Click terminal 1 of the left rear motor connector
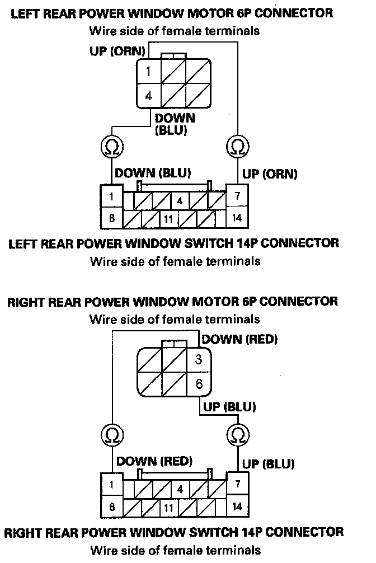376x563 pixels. tap(149, 72)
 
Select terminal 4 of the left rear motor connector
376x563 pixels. tap(149, 96)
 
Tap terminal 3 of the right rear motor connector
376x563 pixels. tap(198, 360)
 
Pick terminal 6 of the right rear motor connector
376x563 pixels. tap(198, 384)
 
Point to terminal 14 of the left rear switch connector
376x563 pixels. tap(237, 217)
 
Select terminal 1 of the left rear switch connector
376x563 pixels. tap(112, 196)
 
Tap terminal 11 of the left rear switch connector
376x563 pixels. tap(168, 219)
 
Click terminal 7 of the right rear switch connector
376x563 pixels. tap(237, 483)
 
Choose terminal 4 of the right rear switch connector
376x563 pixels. tap(180, 489)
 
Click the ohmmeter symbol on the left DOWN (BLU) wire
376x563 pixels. tap(111, 147)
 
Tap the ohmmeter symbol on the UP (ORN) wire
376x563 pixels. tap(237, 147)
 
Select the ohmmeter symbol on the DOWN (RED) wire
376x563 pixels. tap(111, 434)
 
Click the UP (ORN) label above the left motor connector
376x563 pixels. tap(118, 51)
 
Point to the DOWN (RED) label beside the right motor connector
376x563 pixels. tap(239, 339)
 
